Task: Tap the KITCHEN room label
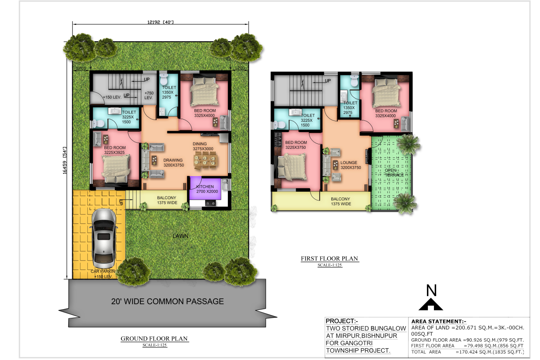(205, 187)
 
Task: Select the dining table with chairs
(205, 160)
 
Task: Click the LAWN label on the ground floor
(180, 236)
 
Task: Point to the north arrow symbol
(431, 304)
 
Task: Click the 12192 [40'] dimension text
(160, 22)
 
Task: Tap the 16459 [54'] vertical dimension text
(64, 160)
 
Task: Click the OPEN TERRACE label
(394, 173)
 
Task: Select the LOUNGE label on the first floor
(349, 163)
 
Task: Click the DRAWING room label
(173, 160)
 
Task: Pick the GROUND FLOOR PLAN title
(154, 339)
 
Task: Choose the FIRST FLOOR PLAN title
(330, 259)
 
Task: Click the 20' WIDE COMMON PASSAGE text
(167, 301)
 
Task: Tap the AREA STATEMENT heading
(439, 321)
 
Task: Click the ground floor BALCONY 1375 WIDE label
(167, 200)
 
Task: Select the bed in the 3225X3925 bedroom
(116, 168)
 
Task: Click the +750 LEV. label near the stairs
(149, 95)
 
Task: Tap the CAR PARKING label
(103, 271)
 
